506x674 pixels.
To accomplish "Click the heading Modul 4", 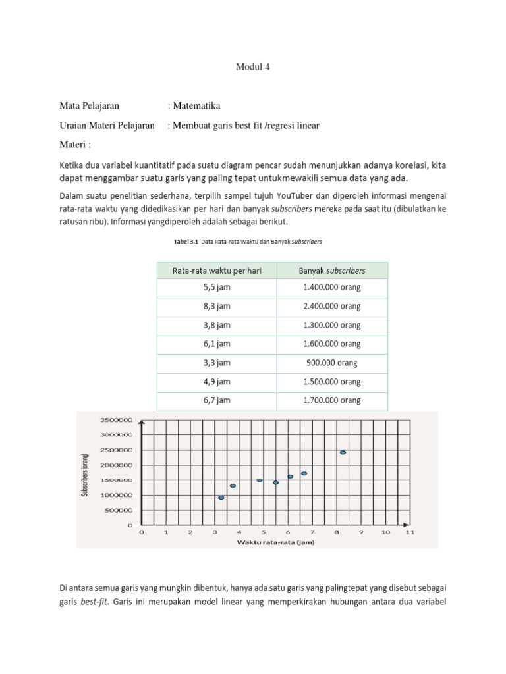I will point(253,67).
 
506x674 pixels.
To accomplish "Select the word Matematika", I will point(197,106).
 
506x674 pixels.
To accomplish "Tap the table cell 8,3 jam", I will point(217,307).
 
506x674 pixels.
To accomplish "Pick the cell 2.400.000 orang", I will point(332,307).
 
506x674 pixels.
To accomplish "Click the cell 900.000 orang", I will point(332,363).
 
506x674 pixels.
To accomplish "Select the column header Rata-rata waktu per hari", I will point(217,271).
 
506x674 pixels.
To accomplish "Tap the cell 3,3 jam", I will point(217,363).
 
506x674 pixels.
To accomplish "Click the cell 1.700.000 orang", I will point(332,400).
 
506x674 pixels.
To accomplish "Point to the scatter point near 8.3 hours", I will point(343,452).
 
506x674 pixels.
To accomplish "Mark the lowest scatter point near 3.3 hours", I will point(221,498).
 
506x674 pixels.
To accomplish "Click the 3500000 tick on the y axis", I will point(117,420).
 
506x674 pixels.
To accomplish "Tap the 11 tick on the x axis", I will point(409,532).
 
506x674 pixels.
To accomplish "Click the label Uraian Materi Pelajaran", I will point(107,125).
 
